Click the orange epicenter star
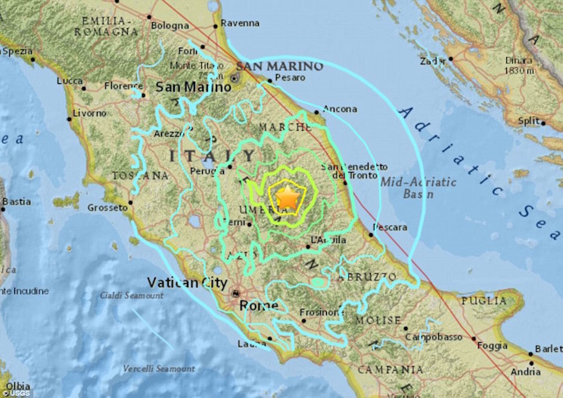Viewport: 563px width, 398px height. click(x=287, y=197)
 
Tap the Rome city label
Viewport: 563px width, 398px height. click(x=259, y=306)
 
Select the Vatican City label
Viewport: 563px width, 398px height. click(x=186, y=282)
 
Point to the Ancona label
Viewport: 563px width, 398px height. click(x=340, y=109)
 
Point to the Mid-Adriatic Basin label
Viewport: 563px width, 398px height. click(x=429, y=188)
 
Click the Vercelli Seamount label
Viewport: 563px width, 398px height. click(x=157, y=368)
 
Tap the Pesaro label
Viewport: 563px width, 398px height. click(x=290, y=77)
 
